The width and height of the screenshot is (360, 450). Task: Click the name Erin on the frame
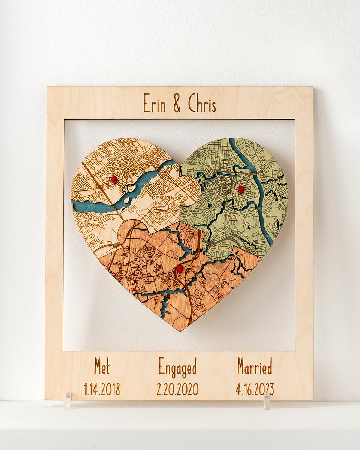pyautogui.click(x=154, y=103)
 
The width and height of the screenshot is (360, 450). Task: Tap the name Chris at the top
pyautogui.click(x=202, y=103)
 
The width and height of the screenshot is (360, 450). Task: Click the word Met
pyautogui.click(x=102, y=366)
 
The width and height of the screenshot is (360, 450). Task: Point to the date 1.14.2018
pyautogui.click(x=102, y=389)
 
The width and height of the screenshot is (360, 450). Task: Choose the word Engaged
pyautogui.click(x=177, y=367)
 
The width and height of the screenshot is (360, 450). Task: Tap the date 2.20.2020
pyautogui.click(x=177, y=389)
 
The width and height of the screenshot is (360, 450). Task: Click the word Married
pyautogui.click(x=255, y=366)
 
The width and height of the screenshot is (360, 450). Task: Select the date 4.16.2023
pyautogui.click(x=255, y=389)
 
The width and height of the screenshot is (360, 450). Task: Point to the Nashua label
pyautogui.click(x=194, y=211)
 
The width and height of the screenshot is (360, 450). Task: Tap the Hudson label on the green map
pyautogui.click(x=271, y=216)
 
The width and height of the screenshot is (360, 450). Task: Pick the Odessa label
pyautogui.click(x=193, y=266)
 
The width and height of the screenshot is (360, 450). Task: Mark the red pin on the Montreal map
pyautogui.click(x=114, y=180)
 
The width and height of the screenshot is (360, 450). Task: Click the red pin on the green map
pyautogui.click(x=241, y=189)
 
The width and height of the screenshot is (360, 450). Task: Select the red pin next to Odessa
pyautogui.click(x=180, y=269)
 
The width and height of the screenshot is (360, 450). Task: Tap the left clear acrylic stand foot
pyautogui.click(x=68, y=401)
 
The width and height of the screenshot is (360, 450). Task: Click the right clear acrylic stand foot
pyautogui.click(x=267, y=401)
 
